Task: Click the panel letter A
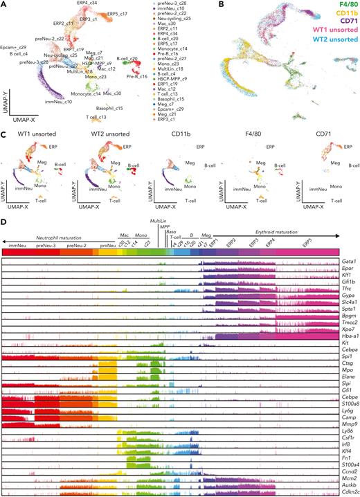point(4,4)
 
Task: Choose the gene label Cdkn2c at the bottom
point(350,491)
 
